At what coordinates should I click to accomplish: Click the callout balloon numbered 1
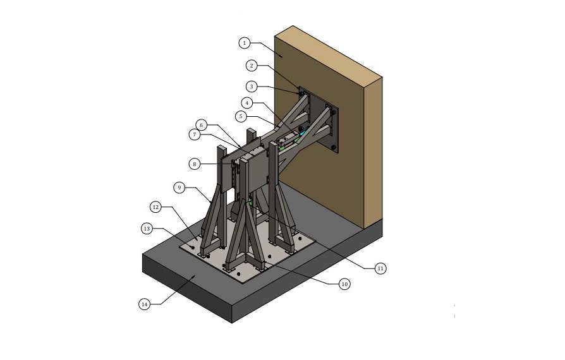click(x=245, y=43)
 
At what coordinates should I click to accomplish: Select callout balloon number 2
click(x=252, y=66)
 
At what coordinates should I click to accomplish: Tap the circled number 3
click(x=252, y=87)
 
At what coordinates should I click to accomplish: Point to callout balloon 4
click(x=247, y=103)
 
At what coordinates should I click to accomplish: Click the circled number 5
click(x=241, y=116)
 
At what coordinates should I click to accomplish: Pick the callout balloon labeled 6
click(x=201, y=125)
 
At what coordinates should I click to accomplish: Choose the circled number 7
click(x=195, y=135)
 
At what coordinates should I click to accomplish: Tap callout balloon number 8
click(x=195, y=164)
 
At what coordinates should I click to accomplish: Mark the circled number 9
click(x=179, y=188)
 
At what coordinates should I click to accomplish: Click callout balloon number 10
click(x=344, y=284)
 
